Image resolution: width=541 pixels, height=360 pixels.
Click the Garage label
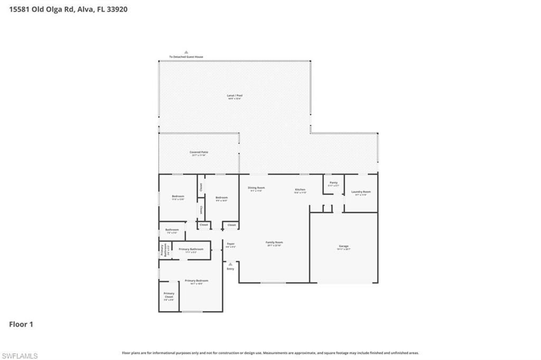tap(344, 246)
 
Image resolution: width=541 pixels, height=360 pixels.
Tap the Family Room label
tap(274, 243)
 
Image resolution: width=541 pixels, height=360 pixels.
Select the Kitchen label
tap(300, 190)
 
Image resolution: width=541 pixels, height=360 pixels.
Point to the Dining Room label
tap(256, 188)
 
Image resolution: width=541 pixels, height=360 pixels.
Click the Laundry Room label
tap(361, 192)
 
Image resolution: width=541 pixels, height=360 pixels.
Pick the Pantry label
tap(333, 183)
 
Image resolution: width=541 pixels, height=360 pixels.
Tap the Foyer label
tap(230, 244)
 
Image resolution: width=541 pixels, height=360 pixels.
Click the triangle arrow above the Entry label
tap(230, 264)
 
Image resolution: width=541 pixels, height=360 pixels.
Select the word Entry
tap(230, 269)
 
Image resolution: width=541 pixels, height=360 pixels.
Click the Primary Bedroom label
tap(196, 281)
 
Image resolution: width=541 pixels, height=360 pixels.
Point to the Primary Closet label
tap(169, 295)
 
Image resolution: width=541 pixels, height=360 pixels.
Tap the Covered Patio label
tap(199, 152)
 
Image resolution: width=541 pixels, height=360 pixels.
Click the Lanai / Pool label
tap(235, 96)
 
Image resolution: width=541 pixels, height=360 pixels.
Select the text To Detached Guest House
tap(186, 57)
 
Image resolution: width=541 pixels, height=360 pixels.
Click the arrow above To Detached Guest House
tap(186, 52)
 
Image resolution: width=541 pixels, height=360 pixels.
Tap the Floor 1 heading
tap(21, 324)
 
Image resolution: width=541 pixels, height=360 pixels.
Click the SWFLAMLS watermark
tap(20, 356)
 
